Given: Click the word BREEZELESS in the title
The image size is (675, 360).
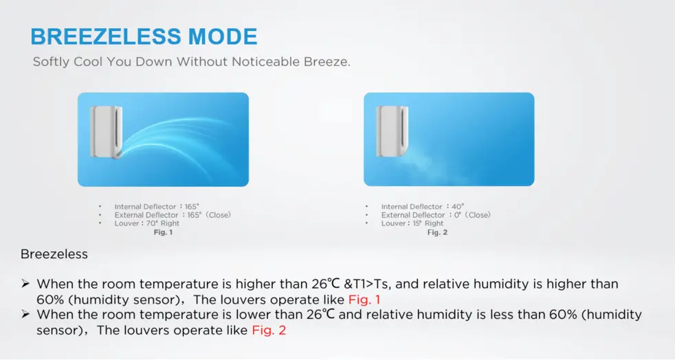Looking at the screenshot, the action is click(105, 36).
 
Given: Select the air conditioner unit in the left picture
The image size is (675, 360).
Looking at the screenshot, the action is click(107, 132).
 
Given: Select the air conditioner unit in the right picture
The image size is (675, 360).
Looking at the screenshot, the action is click(392, 131).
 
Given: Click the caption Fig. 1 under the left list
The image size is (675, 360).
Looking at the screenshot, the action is click(163, 232).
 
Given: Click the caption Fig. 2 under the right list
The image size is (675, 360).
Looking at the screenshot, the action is click(437, 232).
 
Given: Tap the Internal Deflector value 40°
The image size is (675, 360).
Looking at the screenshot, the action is click(458, 207).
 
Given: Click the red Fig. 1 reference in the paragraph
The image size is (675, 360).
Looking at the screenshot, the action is click(364, 300).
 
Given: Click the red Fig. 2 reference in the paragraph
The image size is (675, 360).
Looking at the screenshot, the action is click(269, 330).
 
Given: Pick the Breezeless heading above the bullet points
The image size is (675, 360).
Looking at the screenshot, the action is click(54, 254).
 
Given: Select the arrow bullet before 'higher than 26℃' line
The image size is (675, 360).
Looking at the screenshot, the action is click(25, 284).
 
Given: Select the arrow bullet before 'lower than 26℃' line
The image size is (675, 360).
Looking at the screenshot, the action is click(25, 315).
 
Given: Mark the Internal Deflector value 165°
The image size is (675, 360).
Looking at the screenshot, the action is click(192, 207).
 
